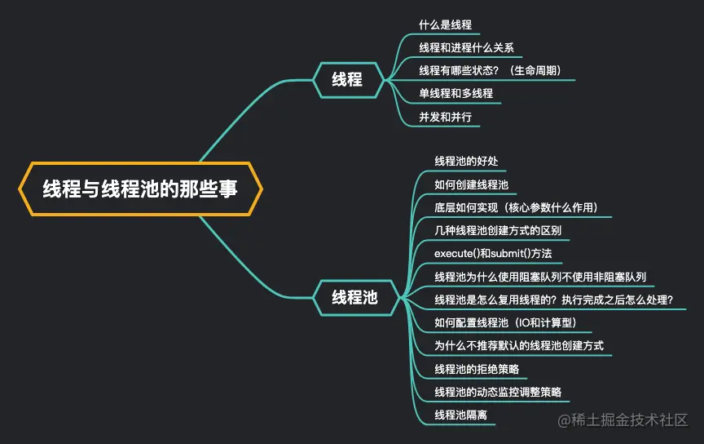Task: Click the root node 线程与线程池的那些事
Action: coord(140,189)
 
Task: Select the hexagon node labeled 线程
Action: coord(347,79)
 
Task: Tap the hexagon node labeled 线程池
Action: coord(354,297)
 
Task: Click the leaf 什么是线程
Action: coord(445,25)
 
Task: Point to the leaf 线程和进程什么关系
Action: coord(466,48)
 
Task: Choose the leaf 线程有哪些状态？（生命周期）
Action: coord(490,71)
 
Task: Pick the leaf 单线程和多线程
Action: coord(455,94)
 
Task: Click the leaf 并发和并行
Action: coord(445,117)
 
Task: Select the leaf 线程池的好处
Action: coord(466,161)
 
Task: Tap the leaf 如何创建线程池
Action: coord(471,184)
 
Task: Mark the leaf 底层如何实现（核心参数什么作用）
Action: coord(516,207)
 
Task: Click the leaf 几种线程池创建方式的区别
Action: coord(497,231)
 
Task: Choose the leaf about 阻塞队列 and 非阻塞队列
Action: coord(540,277)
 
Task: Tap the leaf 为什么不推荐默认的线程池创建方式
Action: coord(518,346)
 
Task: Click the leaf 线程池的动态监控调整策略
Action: coord(497,392)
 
